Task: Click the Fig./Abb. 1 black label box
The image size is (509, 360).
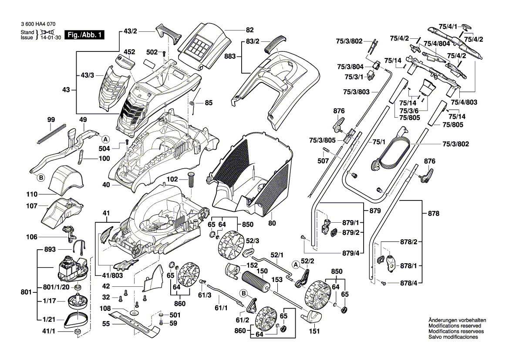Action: (84, 34)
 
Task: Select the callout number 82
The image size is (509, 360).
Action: (249, 30)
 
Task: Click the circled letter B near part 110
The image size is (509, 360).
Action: (41, 177)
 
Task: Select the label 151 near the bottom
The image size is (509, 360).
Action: (314, 331)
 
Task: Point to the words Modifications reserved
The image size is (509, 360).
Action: (455, 326)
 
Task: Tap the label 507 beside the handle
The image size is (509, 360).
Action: (323, 160)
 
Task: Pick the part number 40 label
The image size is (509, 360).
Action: (106, 184)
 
